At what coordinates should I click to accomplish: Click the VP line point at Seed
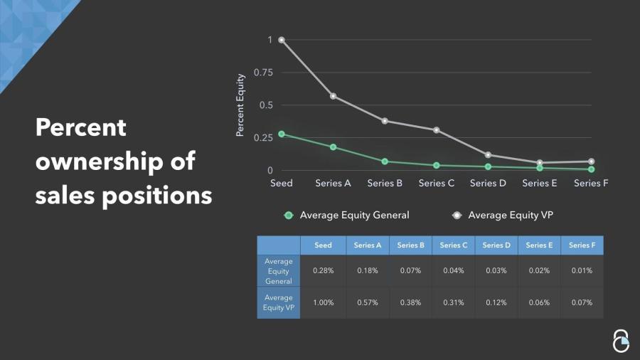(282, 40)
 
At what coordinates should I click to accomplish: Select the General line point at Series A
(333, 147)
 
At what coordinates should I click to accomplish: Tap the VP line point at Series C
(436, 130)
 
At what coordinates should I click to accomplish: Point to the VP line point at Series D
(488, 155)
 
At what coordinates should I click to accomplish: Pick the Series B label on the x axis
(385, 183)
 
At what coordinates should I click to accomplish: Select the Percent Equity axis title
(240, 105)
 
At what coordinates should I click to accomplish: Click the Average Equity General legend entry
(347, 215)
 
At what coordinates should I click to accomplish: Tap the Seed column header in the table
(323, 245)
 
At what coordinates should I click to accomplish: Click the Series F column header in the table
(582, 245)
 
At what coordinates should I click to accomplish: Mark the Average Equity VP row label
(278, 302)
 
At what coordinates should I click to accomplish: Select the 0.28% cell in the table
(323, 271)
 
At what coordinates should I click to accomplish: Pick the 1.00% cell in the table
(323, 302)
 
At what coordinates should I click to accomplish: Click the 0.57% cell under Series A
(368, 302)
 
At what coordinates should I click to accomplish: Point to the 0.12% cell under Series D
(496, 302)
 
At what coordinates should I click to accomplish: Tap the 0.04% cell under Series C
(453, 271)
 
